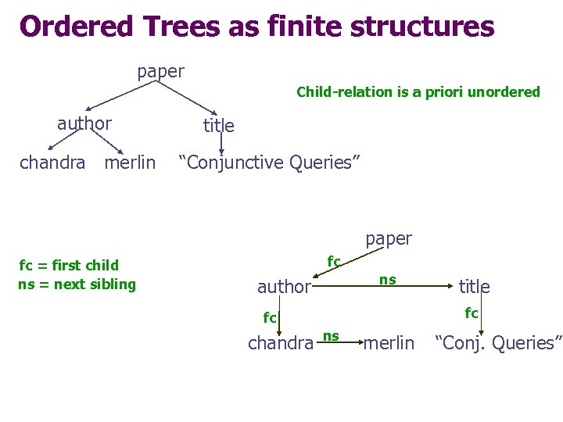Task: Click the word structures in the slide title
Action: pyautogui.click(x=422, y=26)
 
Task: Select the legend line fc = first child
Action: pyautogui.click(x=69, y=265)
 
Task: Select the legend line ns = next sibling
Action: pyautogui.click(x=77, y=284)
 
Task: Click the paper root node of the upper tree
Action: pyautogui.click(x=160, y=72)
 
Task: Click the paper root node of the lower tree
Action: pyautogui.click(x=389, y=238)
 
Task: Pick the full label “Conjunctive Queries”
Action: pyautogui.click(x=269, y=163)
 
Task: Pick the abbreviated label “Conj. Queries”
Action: pyautogui.click(x=498, y=342)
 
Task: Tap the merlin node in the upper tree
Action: pyautogui.click(x=130, y=163)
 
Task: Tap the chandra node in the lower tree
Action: pyautogui.click(x=281, y=343)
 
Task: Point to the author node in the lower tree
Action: pyautogui.click(x=284, y=287)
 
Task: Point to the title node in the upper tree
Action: pyautogui.click(x=218, y=125)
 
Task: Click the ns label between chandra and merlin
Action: pyautogui.click(x=332, y=336)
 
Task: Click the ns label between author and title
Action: pyautogui.click(x=388, y=279)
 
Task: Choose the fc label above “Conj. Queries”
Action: pyautogui.click(x=472, y=313)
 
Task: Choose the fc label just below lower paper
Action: pyautogui.click(x=334, y=260)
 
